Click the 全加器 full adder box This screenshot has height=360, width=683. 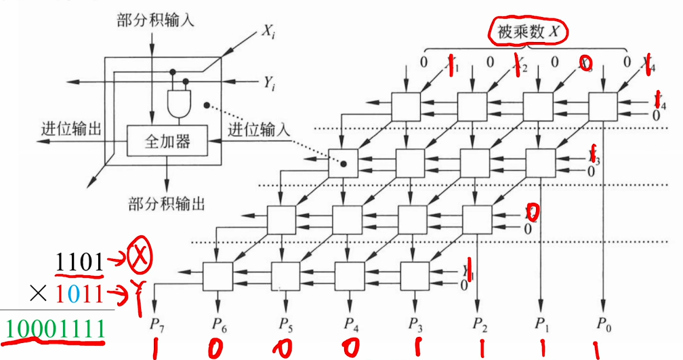167,142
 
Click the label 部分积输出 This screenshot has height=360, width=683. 166,203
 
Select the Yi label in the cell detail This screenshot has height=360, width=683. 269,83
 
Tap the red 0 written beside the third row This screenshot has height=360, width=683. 533,214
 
